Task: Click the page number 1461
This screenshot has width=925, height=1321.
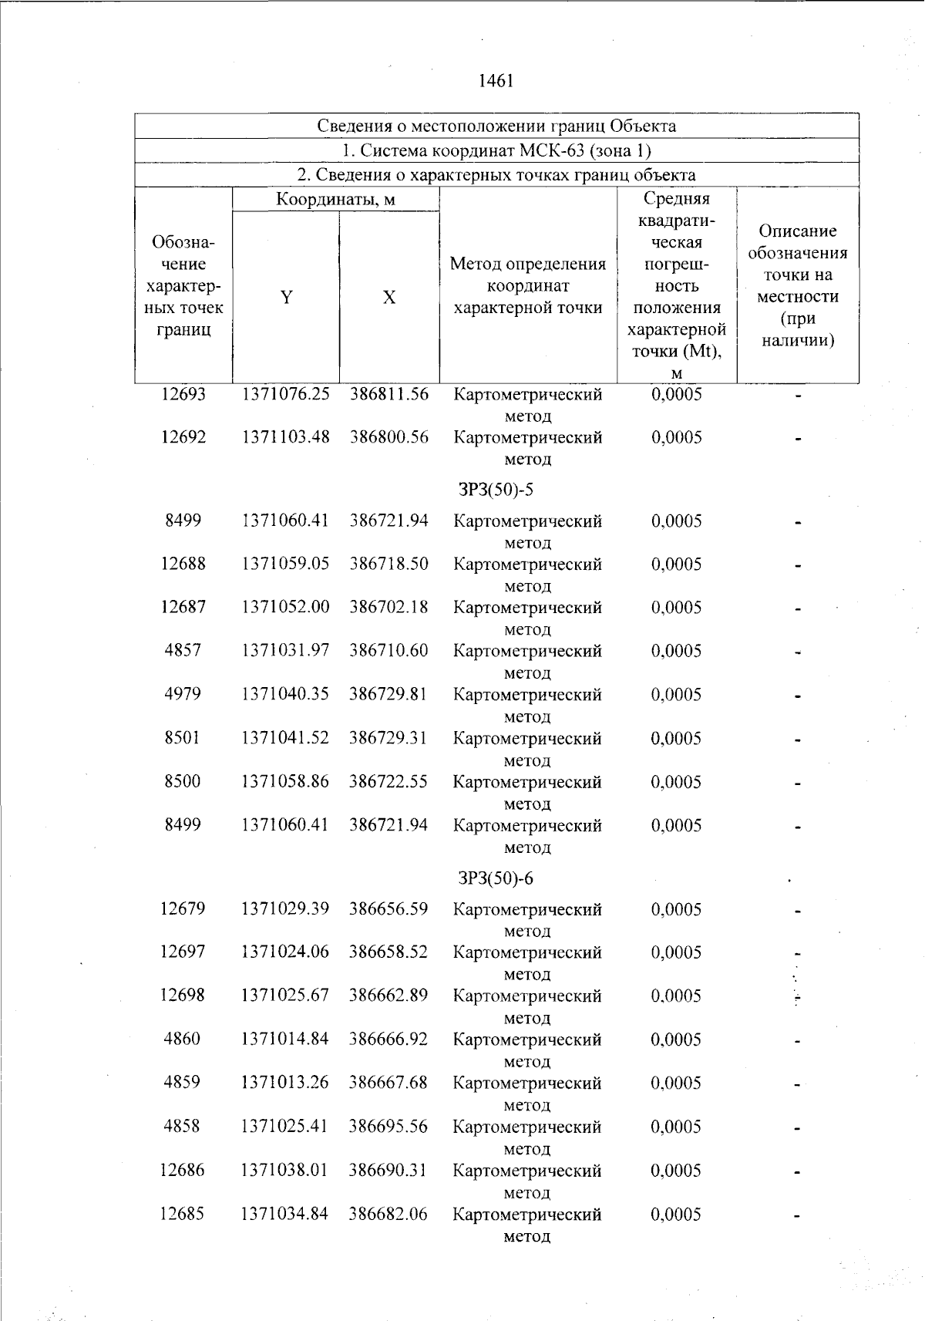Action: click(x=496, y=81)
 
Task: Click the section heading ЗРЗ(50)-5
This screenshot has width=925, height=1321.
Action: click(x=496, y=490)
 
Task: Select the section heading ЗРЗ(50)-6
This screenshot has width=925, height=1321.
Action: click(x=496, y=878)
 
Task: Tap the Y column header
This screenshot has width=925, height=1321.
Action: click(x=286, y=298)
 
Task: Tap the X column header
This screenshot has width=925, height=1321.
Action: click(x=389, y=298)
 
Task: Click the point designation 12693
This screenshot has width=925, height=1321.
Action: click(x=183, y=394)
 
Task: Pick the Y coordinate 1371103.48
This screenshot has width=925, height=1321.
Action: click(x=285, y=437)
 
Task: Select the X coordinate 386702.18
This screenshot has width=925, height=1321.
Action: click(x=388, y=608)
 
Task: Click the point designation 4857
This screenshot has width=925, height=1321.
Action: click(x=183, y=651)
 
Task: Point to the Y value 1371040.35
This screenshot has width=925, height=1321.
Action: click(x=285, y=694)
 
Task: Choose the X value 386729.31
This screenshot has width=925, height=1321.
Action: click(x=388, y=738)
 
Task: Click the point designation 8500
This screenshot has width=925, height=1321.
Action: click(x=183, y=781)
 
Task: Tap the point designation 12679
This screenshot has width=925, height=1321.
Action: click(x=183, y=909)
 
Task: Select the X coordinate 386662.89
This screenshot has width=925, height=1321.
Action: click(x=388, y=996)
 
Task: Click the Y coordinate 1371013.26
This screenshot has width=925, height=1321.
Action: click(x=284, y=1083)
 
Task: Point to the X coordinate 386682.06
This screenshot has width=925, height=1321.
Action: click(x=388, y=1214)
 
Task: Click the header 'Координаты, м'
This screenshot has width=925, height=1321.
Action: click(x=336, y=200)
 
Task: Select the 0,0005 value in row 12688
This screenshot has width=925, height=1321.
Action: click(x=677, y=564)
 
